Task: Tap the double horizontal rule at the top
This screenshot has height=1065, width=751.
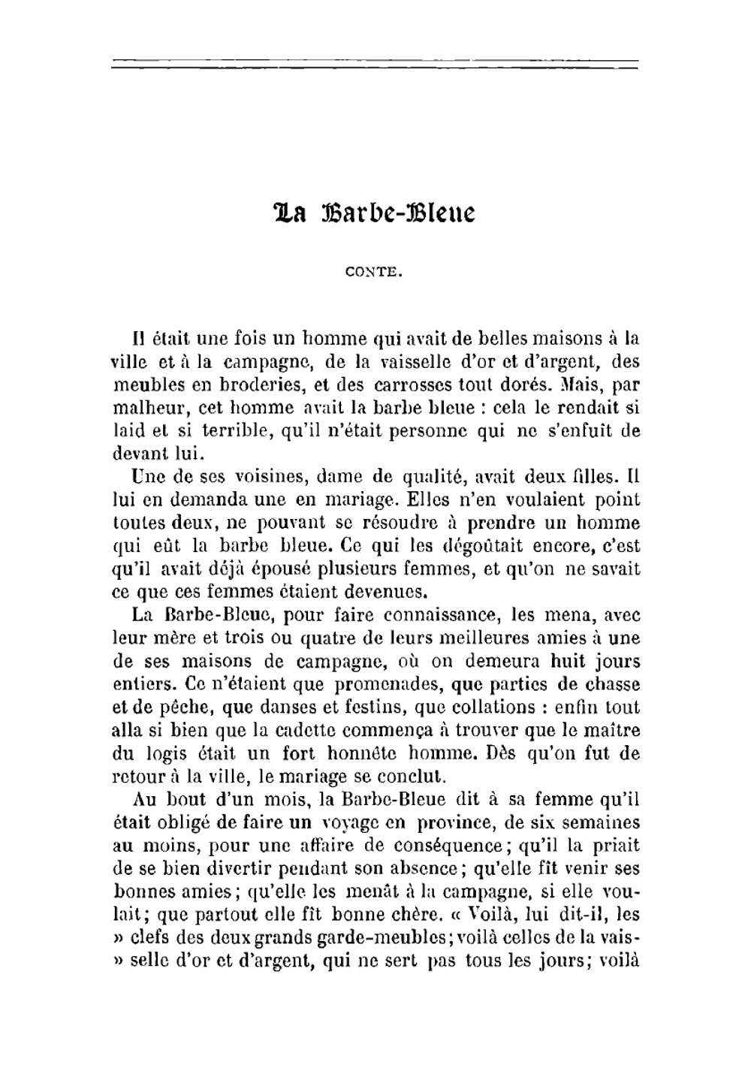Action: (x=375, y=65)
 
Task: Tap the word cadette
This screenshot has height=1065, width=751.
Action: (x=304, y=730)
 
